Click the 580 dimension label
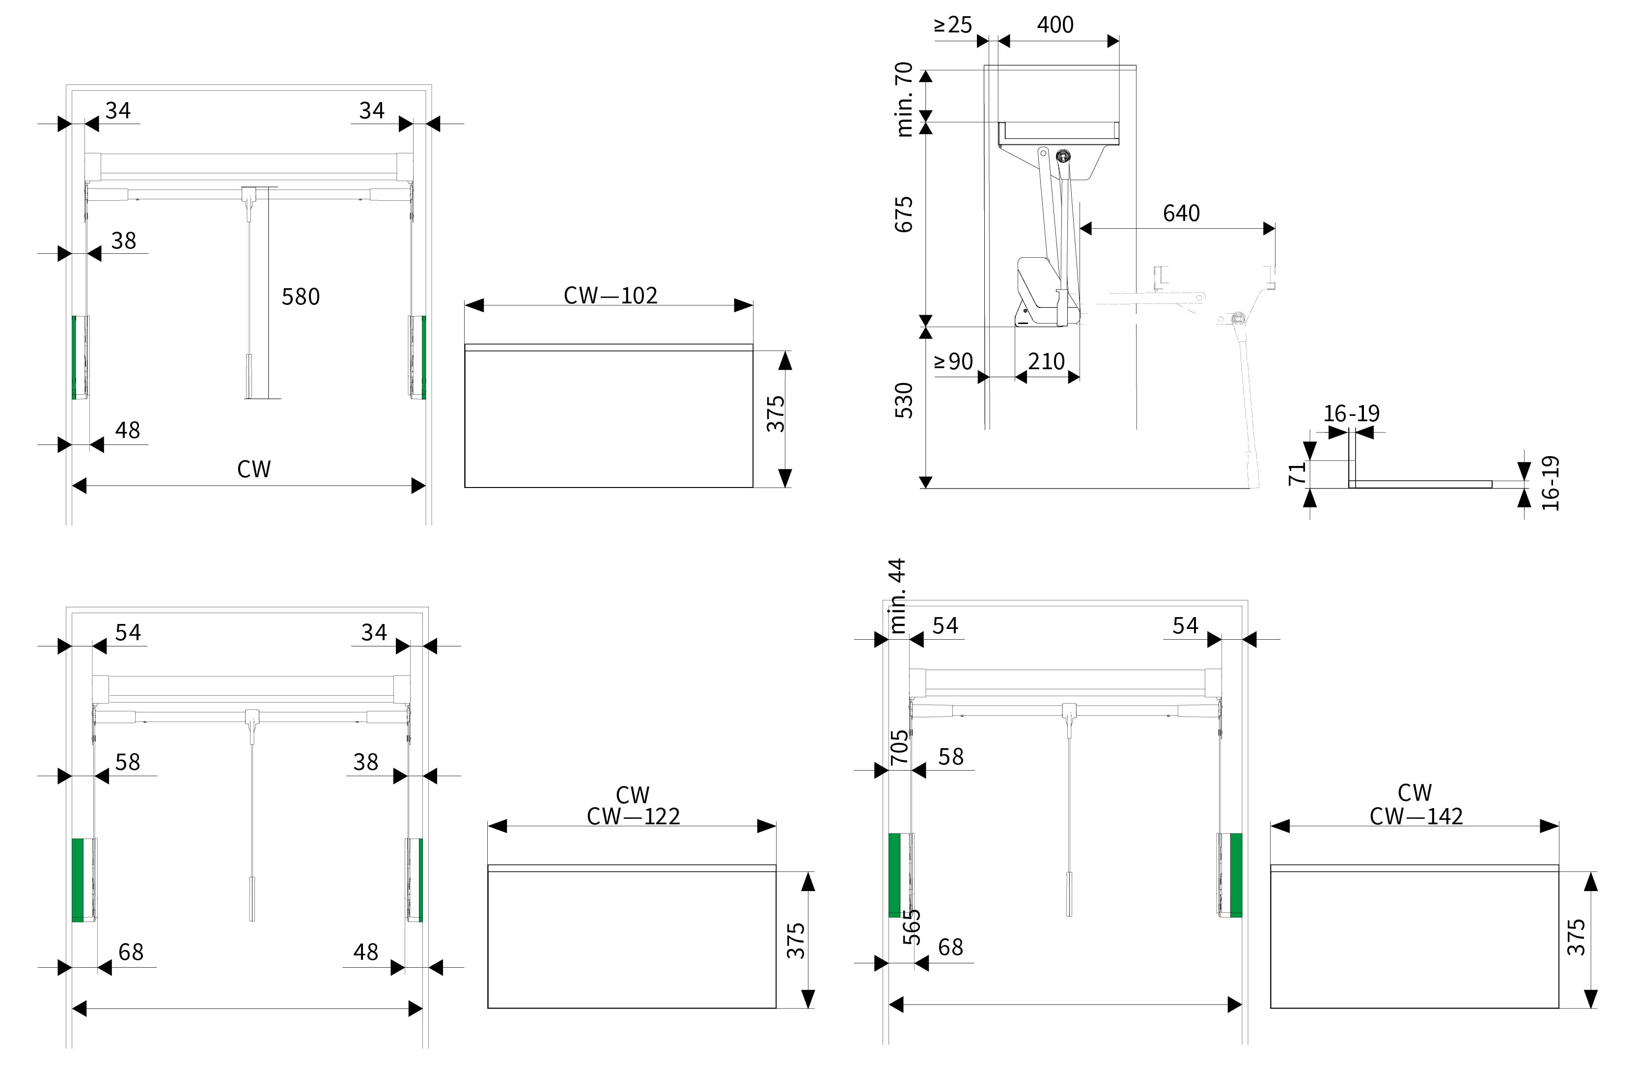pyautogui.click(x=301, y=297)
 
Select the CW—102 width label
pyautogui.click(x=610, y=296)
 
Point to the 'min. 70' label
pyautogui.click(x=904, y=100)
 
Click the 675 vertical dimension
pyautogui.click(x=904, y=215)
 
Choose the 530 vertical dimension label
pyautogui.click(x=904, y=400)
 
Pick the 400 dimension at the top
pyautogui.click(x=1055, y=25)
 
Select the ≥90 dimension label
pyautogui.click(x=953, y=361)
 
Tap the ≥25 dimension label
pyautogui.click(x=953, y=25)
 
